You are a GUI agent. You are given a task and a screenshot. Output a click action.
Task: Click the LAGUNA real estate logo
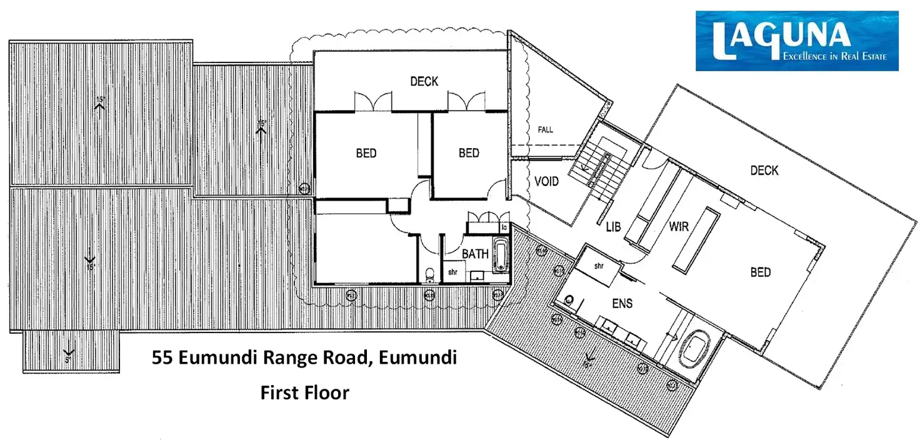coord(797,41)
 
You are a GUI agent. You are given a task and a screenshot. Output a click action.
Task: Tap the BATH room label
coord(475,254)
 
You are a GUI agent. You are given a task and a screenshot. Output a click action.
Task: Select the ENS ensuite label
coord(622,304)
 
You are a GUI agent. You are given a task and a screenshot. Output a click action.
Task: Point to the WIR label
coord(679,226)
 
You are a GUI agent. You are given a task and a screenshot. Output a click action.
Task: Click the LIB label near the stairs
coord(613,227)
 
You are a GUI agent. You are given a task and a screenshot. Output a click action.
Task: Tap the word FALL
coord(546,130)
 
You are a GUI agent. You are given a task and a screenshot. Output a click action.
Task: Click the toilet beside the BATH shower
coord(429,273)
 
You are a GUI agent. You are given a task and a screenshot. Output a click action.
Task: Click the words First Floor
coord(304,392)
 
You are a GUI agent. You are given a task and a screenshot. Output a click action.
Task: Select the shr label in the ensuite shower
coord(598,266)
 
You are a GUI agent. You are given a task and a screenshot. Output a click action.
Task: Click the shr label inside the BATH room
coord(452,272)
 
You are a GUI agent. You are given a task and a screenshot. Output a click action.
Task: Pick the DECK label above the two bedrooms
coord(424,81)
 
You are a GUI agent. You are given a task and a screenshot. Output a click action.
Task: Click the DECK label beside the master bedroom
coord(764,170)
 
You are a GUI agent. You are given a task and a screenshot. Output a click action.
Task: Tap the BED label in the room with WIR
coord(760,272)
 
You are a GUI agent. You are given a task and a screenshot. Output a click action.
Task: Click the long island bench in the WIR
coord(694,240)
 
